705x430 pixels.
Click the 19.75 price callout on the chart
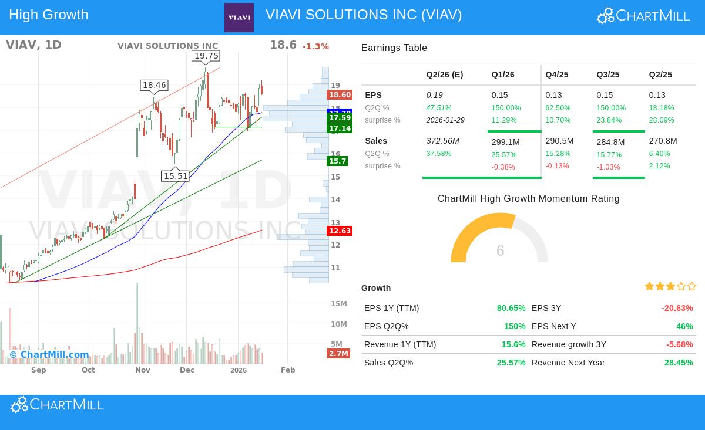click(206, 56)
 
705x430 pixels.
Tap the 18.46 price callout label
click(155, 85)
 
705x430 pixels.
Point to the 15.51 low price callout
click(176, 176)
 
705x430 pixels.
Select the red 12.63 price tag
click(340, 231)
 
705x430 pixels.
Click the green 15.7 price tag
click(338, 161)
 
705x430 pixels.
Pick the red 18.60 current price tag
click(340, 95)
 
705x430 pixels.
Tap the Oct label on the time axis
click(88, 370)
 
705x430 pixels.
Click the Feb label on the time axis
click(288, 370)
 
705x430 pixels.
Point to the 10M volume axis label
click(338, 324)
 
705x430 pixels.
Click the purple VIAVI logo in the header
click(239, 18)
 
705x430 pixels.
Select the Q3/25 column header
click(607, 75)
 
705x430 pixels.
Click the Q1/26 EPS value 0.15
click(499, 95)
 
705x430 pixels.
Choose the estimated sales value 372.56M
click(443, 141)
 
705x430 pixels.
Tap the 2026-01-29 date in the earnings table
click(445, 120)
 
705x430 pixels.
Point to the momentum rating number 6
click(500, 251)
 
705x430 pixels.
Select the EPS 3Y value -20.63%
click(677, 308)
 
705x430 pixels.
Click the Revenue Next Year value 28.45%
click(679, 363)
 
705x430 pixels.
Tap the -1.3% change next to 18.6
click(315, 46)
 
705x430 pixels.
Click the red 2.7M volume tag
click(338, 353)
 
